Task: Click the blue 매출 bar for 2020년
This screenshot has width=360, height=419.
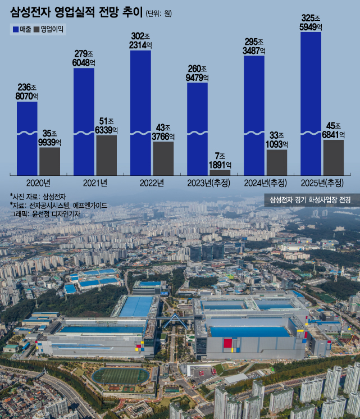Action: coord(27,138)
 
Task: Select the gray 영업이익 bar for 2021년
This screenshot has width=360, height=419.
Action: coord(106,154)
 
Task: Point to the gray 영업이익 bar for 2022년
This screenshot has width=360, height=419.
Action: coord(163,158)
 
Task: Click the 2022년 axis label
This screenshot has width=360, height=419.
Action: coord(152,183)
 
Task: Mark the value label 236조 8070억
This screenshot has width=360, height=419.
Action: coord(27,92)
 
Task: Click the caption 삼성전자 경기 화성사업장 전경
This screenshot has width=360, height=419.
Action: coord(310,200)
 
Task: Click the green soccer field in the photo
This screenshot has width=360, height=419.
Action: coord(120,376)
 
